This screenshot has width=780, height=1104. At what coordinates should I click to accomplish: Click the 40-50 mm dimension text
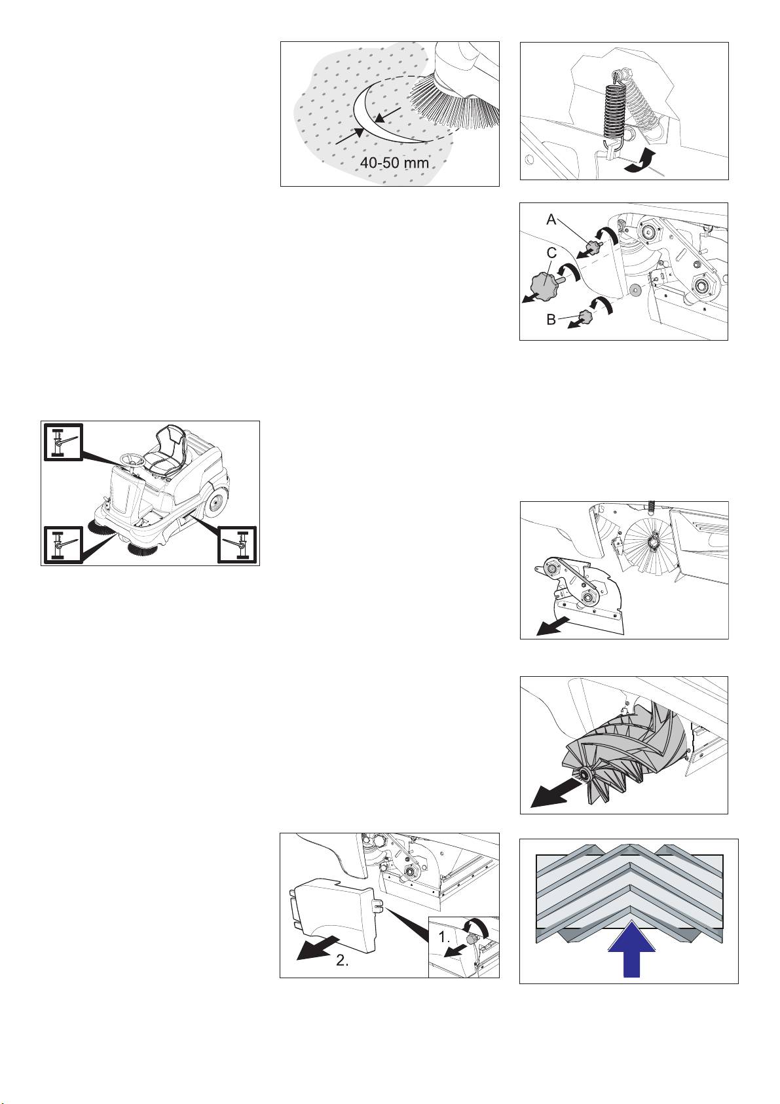point(394,162)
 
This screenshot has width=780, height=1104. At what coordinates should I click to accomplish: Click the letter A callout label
point(552,219)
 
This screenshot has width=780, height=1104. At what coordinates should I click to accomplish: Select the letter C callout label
point(552,254)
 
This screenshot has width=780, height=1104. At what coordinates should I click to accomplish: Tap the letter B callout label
point(551,319)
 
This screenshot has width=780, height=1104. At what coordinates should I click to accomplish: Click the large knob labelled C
point(544,284)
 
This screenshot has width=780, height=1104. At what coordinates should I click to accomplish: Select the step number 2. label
point(343,961)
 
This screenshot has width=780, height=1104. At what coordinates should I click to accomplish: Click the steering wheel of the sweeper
point(132,463)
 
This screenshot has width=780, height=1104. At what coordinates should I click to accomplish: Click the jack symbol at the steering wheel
point(63,442)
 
